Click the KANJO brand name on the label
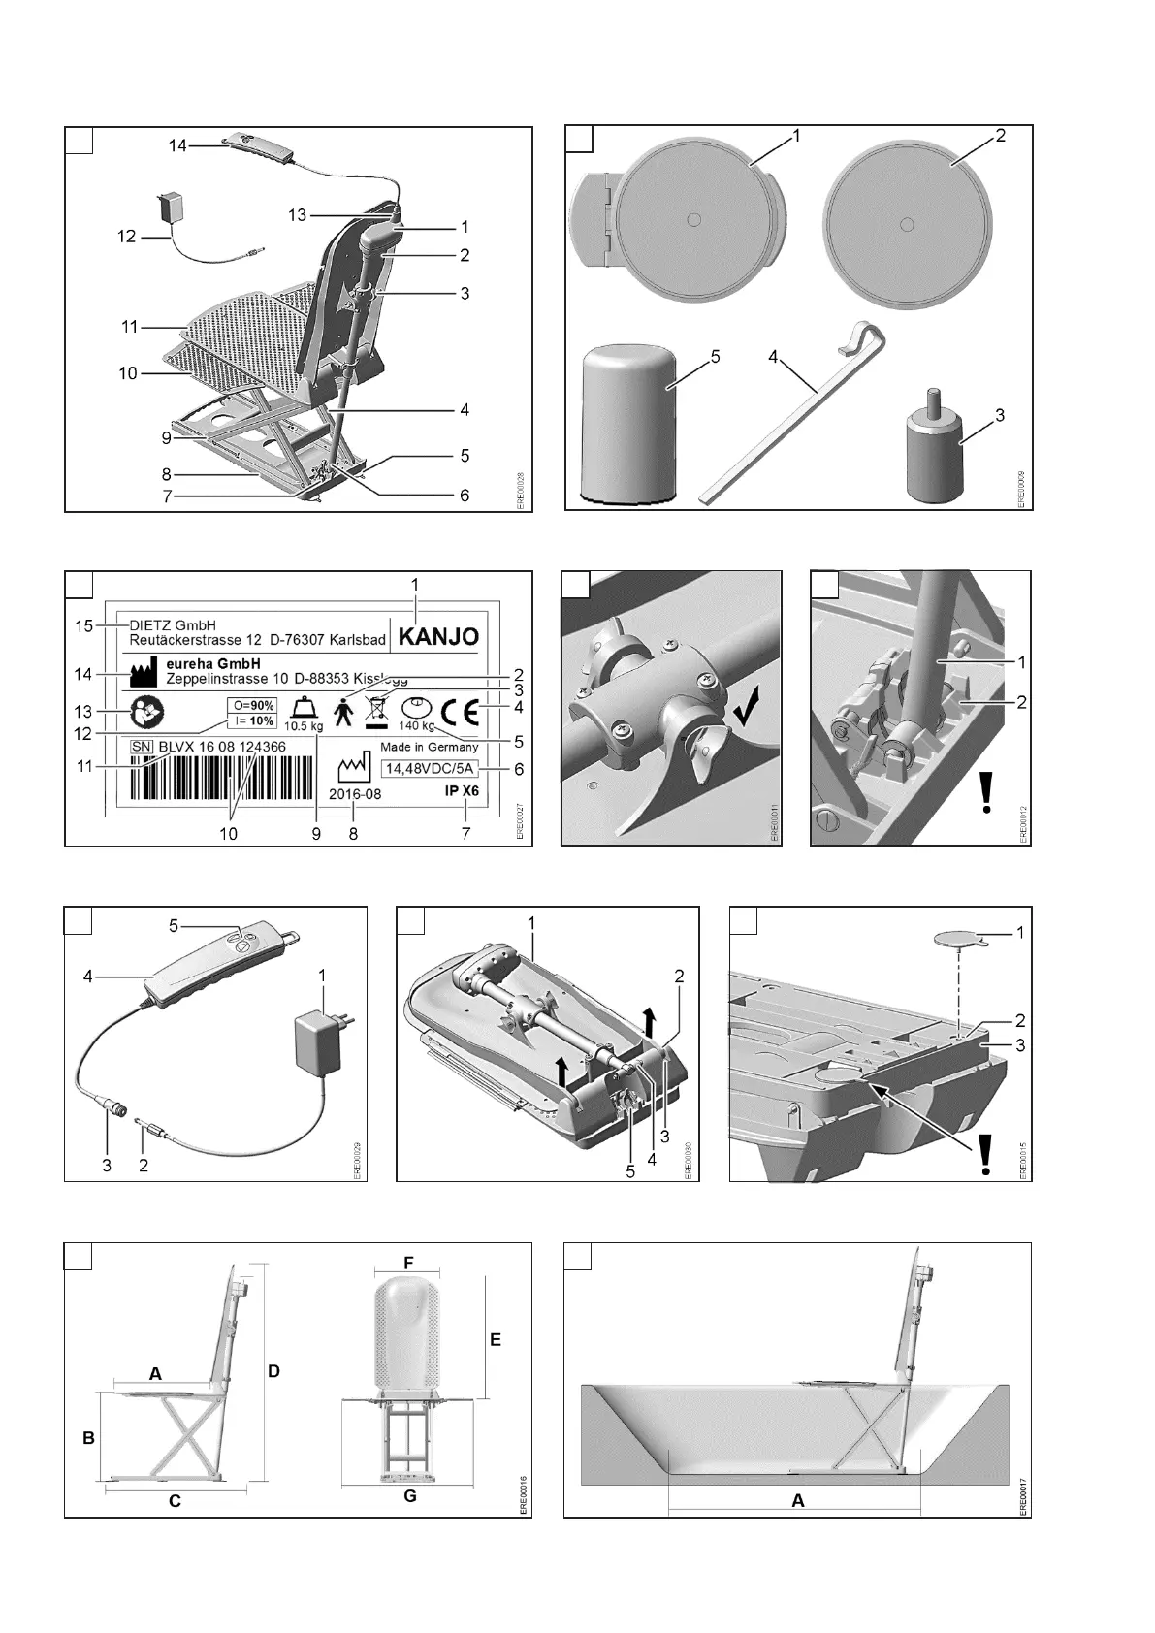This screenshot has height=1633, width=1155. click(440, 637)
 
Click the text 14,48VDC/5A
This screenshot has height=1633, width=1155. click(428, 769)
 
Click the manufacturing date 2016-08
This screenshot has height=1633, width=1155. click(354, 793)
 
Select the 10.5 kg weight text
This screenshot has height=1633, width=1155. click(303, 726)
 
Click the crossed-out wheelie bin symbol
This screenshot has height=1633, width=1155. click(375, 711)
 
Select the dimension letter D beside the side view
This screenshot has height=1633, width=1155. click(273, 1371)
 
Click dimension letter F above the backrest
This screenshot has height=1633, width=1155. click(408, 1263)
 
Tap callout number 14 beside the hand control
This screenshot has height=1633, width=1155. click(177, 145)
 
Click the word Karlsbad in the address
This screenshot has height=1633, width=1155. click(358, 640)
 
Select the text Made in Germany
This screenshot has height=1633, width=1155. click(429, 748)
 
